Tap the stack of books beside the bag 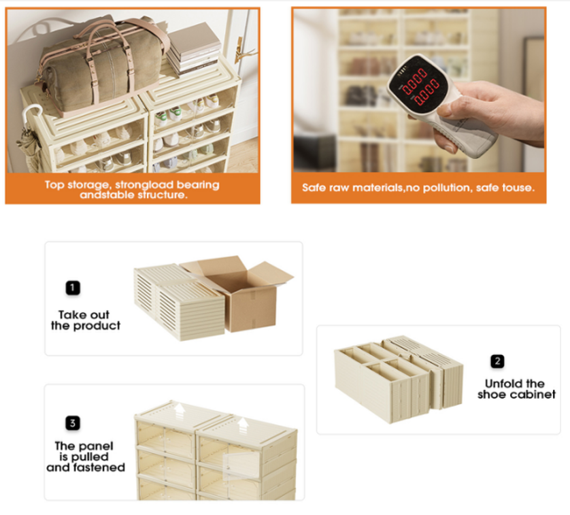coord(194,48)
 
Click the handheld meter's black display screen coord(419,86)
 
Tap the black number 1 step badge coord(73,288)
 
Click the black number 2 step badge coord(497,361)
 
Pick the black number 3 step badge coord(73,423)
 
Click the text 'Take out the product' coord(86,320)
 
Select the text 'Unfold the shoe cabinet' coord(516,388)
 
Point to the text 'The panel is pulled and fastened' coord(86,456)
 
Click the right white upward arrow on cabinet coord(243,425)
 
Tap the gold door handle coord(241,52)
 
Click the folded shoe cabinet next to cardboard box coord(179,302)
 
